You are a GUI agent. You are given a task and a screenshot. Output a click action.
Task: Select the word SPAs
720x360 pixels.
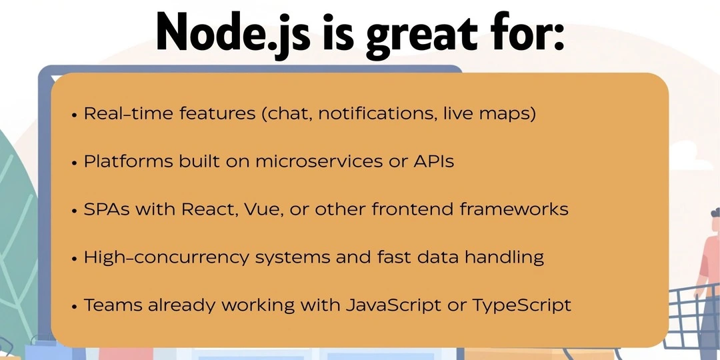tap(107, 209)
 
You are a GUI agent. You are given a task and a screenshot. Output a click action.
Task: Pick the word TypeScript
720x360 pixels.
tap(522, 307)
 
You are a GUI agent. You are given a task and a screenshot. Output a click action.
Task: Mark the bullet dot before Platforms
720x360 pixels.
tap(75, 163)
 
